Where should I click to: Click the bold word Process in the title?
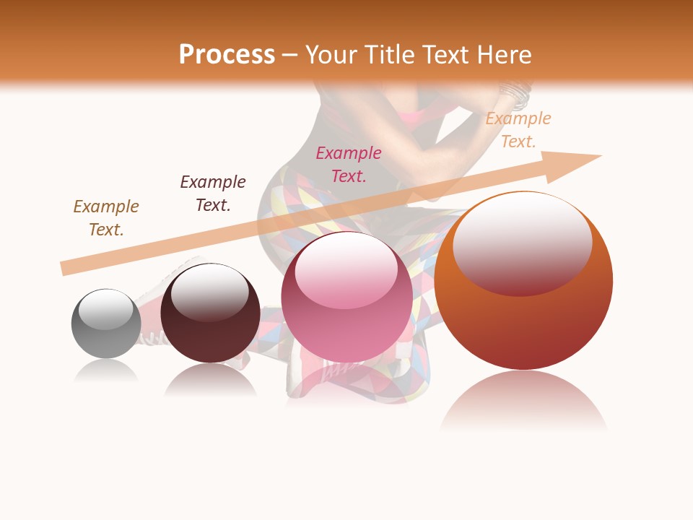(x=227, y=55)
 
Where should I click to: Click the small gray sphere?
(x=106, y=324)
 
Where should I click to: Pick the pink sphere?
(x=346, y=297)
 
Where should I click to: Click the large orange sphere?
(x=523, y=281)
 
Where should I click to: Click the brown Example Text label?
(x=106, y=218)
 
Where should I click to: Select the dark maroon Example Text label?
(x=213, y=194)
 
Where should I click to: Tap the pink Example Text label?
(x=349, y=164)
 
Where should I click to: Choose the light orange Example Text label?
(x=518, y=130)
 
